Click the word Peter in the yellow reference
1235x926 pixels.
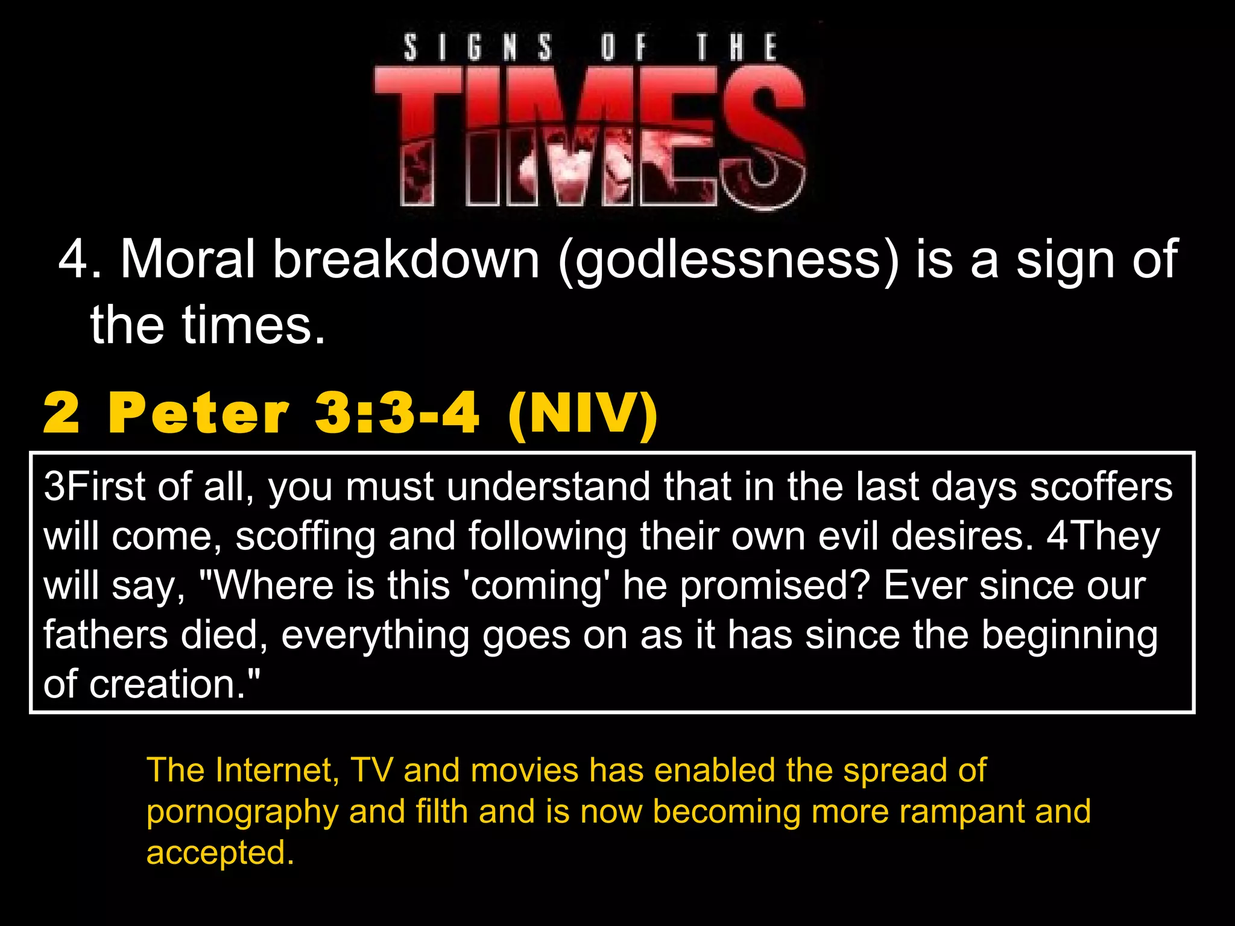click(x=199, y=414)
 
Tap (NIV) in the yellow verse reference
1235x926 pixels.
click(x=583, y=414)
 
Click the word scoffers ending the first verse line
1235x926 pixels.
click(x=1101, y=487)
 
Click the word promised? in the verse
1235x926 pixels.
click(x=775, y=586)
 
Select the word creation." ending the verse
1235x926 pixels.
click(x=175, y=685)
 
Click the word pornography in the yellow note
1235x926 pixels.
click(x=242, y=812)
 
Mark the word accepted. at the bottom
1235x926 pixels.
click(x=220, y=853)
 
